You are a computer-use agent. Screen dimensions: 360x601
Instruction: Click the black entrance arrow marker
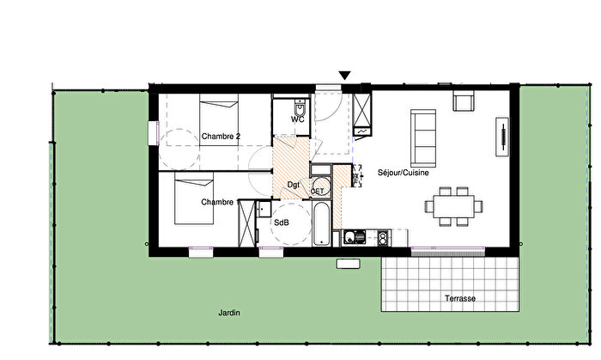pos(345,77)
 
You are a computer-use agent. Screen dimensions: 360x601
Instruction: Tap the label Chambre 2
pos(221,136)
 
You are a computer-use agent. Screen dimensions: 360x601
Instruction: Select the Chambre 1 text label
pos(218,202)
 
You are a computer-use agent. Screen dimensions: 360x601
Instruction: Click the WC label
pos(297,119)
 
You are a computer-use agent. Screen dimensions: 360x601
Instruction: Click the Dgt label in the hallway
pos(292,185)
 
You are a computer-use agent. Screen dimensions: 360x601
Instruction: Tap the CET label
pos(317,191)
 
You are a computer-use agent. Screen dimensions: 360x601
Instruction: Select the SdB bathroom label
pos(281,223)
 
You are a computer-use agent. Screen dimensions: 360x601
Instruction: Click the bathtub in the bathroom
pos(320,224)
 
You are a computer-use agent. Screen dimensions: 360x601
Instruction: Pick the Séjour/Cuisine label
pos(404,173)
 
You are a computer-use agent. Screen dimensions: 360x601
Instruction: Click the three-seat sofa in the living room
pos(423,138)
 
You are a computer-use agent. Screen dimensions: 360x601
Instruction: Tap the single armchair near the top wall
pos(464,102)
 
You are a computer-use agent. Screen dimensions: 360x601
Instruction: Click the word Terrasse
pos(460,298)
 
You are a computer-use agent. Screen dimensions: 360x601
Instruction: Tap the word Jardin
pos(228,314)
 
